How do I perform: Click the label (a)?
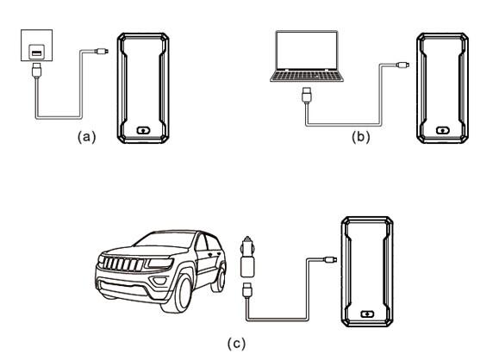pos(87,137)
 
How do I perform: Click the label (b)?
pos(360,137)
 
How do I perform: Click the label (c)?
pos(236,343)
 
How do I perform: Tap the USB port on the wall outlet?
pos(37,53)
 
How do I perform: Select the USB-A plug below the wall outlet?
pos(37,70)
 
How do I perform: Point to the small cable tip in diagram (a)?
pos(103,51)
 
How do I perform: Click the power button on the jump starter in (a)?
pos(143,131)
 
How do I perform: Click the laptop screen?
pos(307,51)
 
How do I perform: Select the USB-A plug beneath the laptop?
pos(307,95)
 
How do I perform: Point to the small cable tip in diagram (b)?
pos(402,65)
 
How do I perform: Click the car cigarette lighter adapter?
pos(247,257)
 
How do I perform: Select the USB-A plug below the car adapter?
pos(247,290)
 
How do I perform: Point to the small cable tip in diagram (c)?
pos(330,259)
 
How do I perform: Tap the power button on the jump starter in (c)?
pos(367,314)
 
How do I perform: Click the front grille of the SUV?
pos(123,264)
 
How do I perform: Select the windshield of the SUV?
pos(165,239)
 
